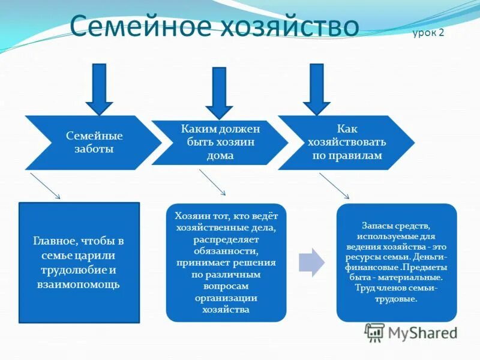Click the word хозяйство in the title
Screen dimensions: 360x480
[x=289, y=27]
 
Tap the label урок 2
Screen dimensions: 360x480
[x=428, y=32]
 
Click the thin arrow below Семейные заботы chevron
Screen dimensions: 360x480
[x=45, y=186]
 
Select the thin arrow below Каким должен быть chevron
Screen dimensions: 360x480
[x=212, y=182]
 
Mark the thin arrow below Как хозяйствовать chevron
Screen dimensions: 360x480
[x=334, y=185]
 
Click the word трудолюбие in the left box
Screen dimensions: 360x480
[x=73, y=270]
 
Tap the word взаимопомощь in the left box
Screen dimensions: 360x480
[x=78, y=284]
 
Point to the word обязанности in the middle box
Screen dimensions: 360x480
[x=226, y=251]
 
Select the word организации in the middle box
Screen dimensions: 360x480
[x=226, y=298]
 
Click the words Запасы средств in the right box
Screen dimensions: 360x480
[x=395, y=226]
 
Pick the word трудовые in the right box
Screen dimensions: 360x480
[x=396, y=298]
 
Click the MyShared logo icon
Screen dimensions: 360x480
[x=375, y=332]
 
